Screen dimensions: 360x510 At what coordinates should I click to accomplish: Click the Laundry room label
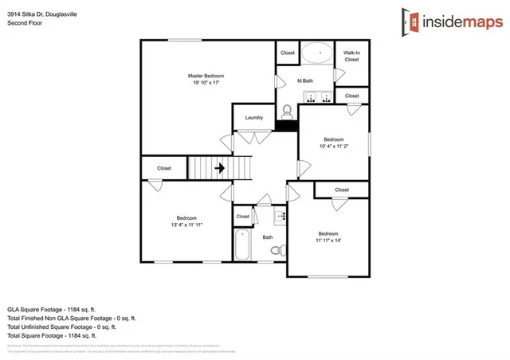pyautogui.click(x=254, y=118)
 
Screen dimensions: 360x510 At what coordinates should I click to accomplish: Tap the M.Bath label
pyautogui.click(x=304, y=80)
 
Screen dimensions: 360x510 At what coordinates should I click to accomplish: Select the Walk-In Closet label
pyautogui.click(x=351, y=56)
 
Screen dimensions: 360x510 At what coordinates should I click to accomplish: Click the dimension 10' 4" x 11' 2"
pyautogui.click(x=333, y=146)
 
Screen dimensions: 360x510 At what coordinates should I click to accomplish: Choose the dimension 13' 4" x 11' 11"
pyautogui.click(x=186, y=225)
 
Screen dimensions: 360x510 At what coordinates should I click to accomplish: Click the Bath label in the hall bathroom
pyautogui.click(x=268, y=237)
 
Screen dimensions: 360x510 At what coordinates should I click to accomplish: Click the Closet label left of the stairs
pyautogui.click(x=164, y=168)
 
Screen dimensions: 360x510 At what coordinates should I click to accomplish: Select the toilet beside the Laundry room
pyautogui.click(x=288, y=110)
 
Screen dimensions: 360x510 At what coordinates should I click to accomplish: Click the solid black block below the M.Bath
pyautogui.click(x=286, y=125)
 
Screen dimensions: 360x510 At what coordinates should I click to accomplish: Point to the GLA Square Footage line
pyautogui.click(x=51, y=308)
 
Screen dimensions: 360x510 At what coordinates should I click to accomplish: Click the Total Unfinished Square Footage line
pyautogui.click(x=61, y=327)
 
